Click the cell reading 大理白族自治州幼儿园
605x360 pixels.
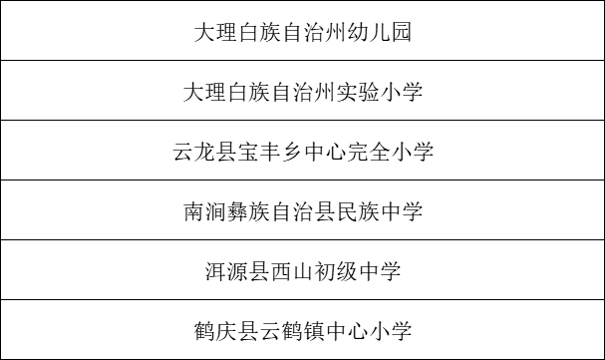[x=302, y=32]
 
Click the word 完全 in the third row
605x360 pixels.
[x=375, y=152]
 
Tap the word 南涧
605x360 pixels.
[x=206, y=211]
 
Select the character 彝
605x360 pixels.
[x=242, y=211]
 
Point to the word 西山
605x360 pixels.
[x=290, y=271]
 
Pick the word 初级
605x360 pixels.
[x=339, y=271]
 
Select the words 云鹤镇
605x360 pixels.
[x=302, y=330]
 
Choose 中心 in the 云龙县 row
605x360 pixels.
[x=327, y=152]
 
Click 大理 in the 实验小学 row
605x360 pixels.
[x=206, y=92]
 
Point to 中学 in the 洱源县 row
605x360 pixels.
[x=388, y=271]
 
